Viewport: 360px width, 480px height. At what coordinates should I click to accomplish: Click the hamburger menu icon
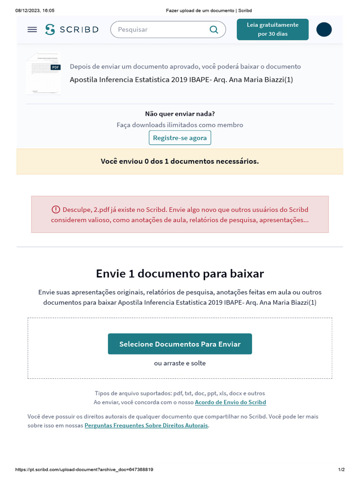(32, 30)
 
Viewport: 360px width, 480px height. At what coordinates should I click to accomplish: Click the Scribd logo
(72, 30)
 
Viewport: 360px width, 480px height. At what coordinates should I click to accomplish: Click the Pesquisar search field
(159, 30)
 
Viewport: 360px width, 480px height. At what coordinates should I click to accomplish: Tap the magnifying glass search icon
(214, 30)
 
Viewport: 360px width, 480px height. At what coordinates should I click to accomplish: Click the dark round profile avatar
(324, 30)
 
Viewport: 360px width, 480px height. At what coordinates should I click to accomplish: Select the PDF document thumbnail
(44, 73)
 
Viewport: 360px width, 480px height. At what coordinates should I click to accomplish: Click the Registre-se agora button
(180, 138)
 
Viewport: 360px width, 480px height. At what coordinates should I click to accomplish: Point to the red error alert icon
(56, 210)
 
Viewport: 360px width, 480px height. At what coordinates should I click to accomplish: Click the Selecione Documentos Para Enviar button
(180, 344)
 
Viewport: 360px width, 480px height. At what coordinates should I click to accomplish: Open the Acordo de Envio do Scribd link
(230, 402)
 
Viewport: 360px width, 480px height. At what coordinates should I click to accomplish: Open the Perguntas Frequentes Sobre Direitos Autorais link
(146, 425)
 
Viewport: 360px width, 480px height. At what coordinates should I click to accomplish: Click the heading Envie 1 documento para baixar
(180, 273)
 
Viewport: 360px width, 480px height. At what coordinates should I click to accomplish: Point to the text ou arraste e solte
(180, 363)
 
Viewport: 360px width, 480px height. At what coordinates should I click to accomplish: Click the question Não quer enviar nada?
(180, 113)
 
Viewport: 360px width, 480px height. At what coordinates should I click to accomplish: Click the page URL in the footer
(84, 470)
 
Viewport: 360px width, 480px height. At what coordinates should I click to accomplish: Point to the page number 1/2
(341, 470)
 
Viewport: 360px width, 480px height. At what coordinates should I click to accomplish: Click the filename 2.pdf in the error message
(102, 210)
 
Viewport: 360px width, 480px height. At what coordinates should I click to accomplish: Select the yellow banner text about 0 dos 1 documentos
(180, 161)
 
